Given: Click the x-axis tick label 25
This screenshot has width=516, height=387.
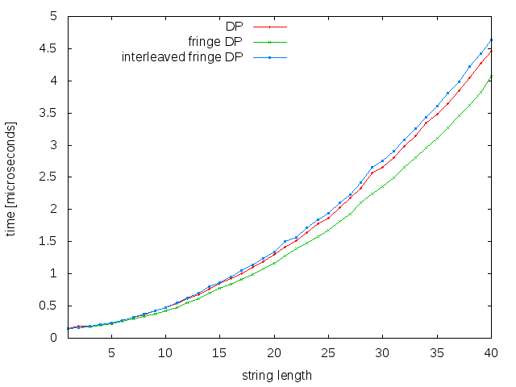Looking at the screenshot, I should tap(328, 352).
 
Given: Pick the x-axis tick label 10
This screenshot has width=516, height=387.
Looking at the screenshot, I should tap(165, 352).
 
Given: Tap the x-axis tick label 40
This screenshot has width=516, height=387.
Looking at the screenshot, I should tap(491, 352).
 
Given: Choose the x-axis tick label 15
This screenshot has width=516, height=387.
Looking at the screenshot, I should tap(219, 352).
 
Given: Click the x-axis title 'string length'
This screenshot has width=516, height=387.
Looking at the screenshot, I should tap(277, 375).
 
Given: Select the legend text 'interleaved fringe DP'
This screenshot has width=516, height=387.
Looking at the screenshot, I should tap(181, 57).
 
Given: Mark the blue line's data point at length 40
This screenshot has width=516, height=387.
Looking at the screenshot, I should tap(491, 40).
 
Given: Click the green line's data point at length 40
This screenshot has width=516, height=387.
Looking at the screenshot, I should tap(491, 77).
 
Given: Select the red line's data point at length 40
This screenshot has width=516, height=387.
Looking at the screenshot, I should tap(491, 51).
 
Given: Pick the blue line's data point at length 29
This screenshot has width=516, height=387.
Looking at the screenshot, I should tap(372, 168).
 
